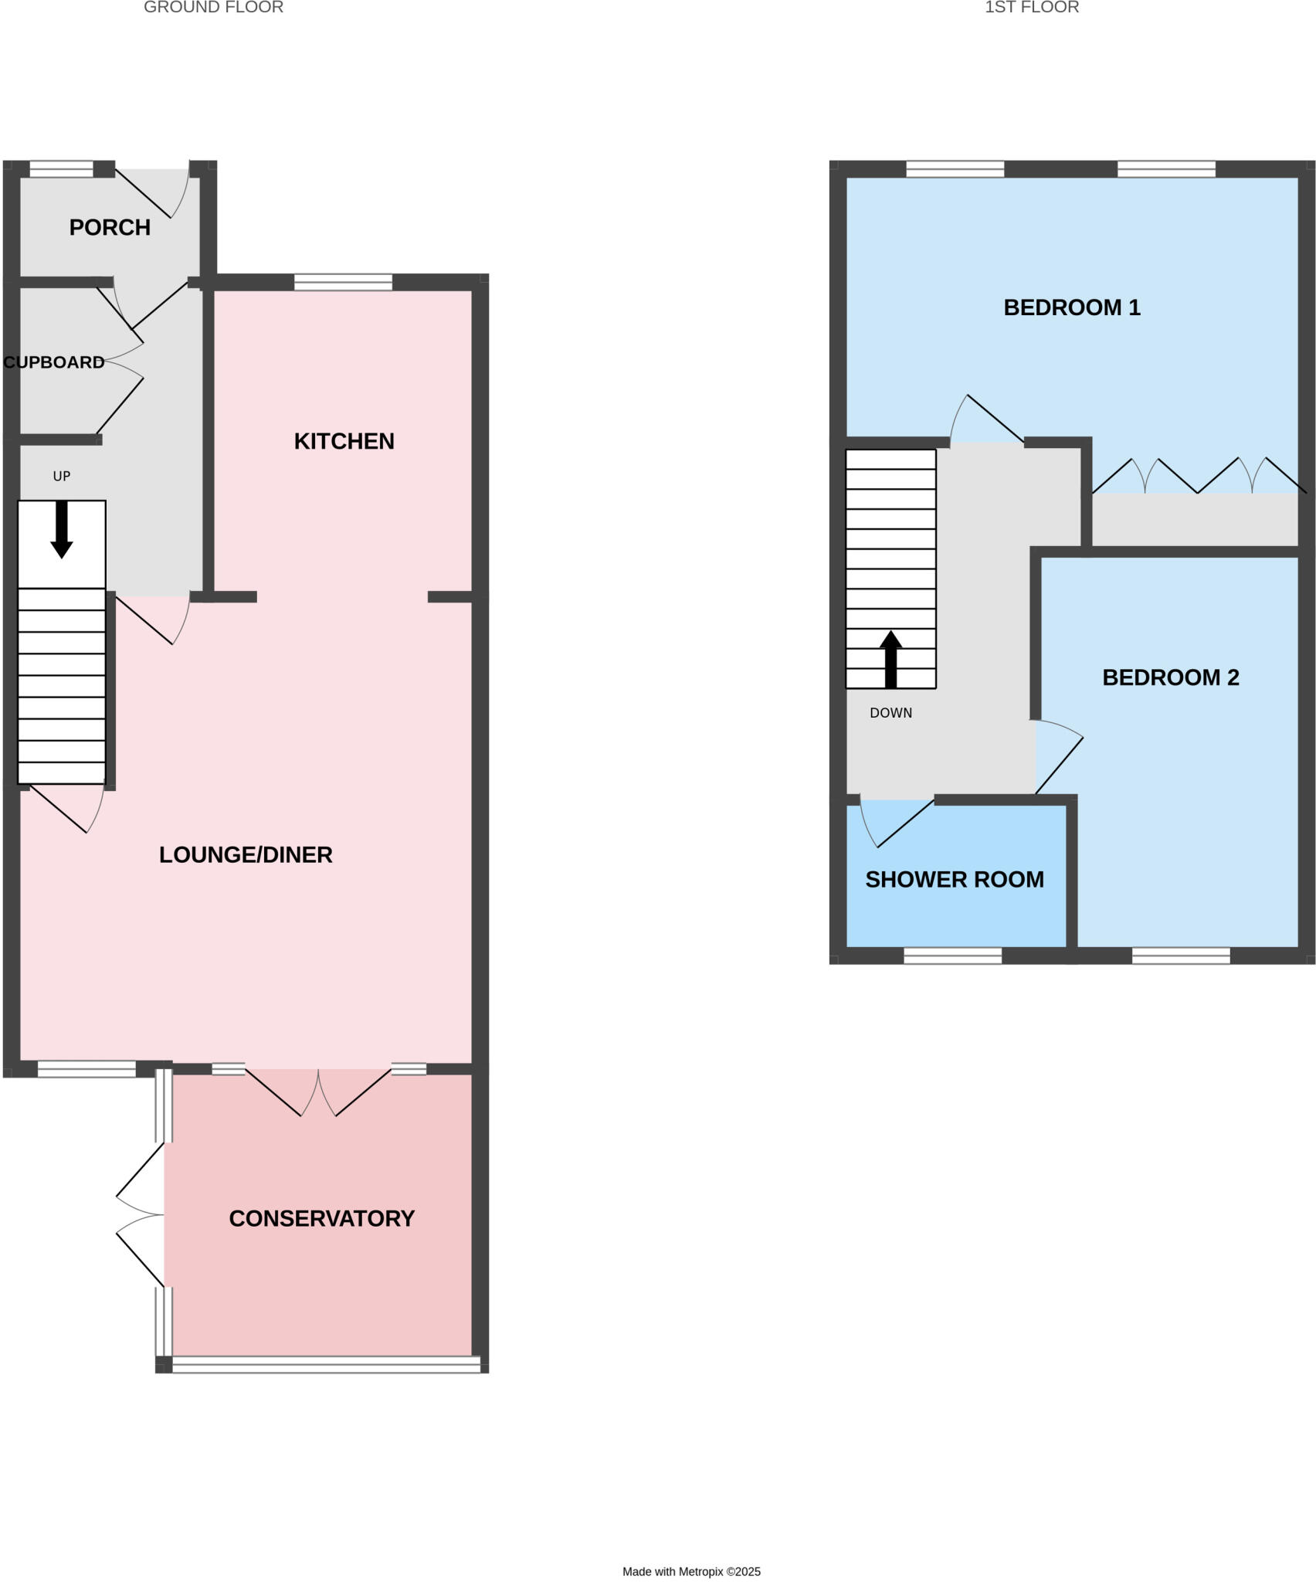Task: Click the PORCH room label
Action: tap(110, 227)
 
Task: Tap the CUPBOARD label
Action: tap(54, 362)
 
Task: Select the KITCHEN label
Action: tap(344, 441)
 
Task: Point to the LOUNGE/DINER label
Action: tap(246, 854)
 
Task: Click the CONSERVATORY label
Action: tap(321, 1218)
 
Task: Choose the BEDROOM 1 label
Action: tap(1071, 307)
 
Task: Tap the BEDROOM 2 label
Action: tap(1170, 677)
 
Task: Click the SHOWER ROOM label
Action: tap(954, 879)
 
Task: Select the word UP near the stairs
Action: tap(62, 477)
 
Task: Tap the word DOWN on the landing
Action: tap(890, 713)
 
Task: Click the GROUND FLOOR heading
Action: tap(213, 8)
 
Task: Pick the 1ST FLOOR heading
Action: tap(1031, 8)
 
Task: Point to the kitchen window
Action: tap(343, 283)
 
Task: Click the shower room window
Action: tap(952, 956)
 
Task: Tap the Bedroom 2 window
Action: tap(1181, 956)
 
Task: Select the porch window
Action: tap(61, 169)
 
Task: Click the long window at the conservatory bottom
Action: tap(326, 1365)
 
